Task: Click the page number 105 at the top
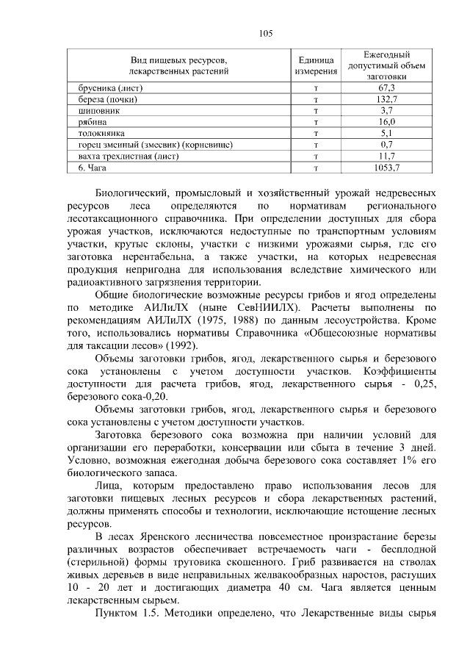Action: tap(266, 33)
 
